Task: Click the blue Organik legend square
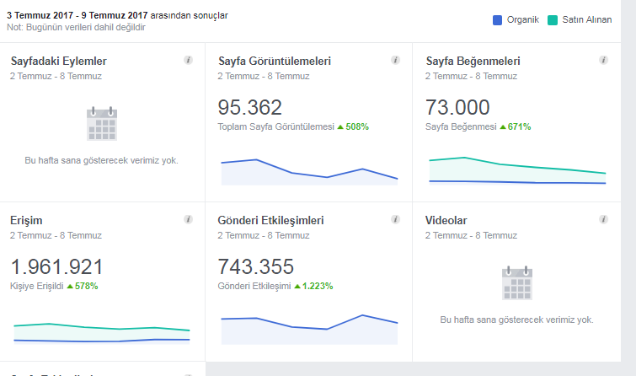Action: point(497,20)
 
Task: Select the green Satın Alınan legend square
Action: point(553,20)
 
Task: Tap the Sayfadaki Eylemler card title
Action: point(59,61)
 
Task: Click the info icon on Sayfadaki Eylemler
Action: point(188,60)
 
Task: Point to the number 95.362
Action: point(250,108)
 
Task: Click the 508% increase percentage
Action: point(357,126)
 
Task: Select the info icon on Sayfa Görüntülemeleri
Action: point(395,60)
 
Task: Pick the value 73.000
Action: point(457,108)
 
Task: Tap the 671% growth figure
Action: point(519,126)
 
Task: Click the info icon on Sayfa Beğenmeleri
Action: point(603,60)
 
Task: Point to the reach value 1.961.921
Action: point(56,266)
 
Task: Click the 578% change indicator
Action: point(87,287)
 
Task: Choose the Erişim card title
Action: point(26,221)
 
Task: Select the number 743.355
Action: point(255,266)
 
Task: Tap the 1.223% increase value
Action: point(318,287)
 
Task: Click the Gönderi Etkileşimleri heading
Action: point(270,221)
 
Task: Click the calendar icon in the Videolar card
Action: point(517,283)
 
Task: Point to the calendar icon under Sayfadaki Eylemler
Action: point(102,124)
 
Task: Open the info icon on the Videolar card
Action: point(603,219)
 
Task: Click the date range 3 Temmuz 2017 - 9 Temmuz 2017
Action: point(77,15)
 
